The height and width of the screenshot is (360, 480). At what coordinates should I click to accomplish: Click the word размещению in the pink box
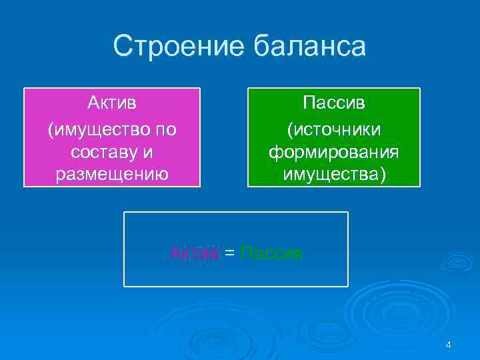(x=112, y=176)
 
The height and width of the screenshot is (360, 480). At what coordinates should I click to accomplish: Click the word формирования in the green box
(x=333, y=152)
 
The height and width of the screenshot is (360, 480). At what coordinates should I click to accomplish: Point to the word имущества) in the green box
(x=333, y=176)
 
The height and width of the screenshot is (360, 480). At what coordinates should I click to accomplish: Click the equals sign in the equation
(x=229, y=253)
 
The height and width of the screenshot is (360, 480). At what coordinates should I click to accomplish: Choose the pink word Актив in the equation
(x=194, y=253)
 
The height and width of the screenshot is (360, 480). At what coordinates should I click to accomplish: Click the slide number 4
(x=448, y=345)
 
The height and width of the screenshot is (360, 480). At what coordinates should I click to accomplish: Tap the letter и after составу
(x=148, y=152)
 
